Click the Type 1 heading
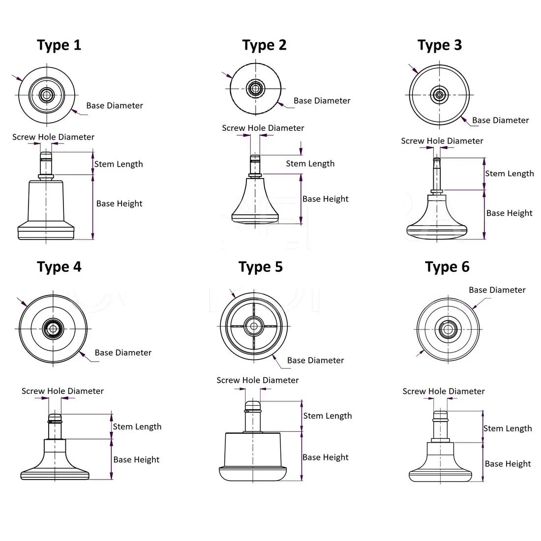click(59, 45)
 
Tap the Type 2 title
click(264, 45)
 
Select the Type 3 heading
click(440, 45)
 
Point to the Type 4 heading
click(59, 267)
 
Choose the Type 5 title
click(261, 267)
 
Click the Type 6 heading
click(447, 267)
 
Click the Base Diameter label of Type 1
click(115, 106)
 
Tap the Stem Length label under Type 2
click(310, 164)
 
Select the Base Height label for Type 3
click(509, 213)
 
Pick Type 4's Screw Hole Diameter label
click(62, 391)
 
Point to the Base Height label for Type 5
click(325, 457)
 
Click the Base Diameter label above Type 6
click(497, 290)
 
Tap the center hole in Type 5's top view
click(254, 326)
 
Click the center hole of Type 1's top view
click(47, 94)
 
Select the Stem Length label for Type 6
click(507, 429)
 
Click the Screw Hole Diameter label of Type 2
click(263, 128)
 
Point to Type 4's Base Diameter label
click(123, 353)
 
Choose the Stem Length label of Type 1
click(119, 164)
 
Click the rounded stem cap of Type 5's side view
click(252, 405)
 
